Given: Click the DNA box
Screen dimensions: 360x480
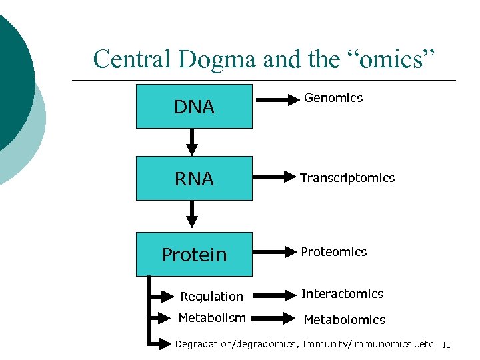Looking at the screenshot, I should pos(194,106).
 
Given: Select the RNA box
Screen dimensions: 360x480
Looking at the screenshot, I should pos(194,178).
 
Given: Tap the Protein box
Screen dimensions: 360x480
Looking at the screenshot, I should pos(194,254).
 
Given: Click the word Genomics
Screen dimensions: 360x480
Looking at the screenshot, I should pos(333,98).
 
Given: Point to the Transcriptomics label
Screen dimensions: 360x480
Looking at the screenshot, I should pos(347,178).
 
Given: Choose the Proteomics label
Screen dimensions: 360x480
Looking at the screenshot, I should pos(333,252).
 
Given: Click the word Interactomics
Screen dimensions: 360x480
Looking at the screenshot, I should pos(343,294).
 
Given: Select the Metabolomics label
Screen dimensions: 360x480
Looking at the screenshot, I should pos(344,320).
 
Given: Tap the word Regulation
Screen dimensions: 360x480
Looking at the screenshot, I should pos(211,297).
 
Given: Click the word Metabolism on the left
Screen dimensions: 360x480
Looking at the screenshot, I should pos(211,318).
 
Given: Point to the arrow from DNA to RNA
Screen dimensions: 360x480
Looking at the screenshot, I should pos(192,141).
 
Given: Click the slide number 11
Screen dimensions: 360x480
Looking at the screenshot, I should pos(446,345).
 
